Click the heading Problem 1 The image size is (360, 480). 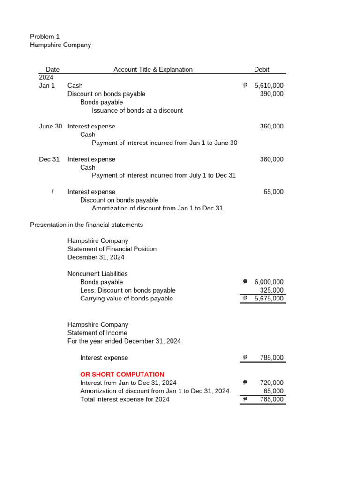45,37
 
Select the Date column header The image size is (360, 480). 52,69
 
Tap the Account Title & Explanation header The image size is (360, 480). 153,69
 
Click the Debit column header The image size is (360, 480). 262,69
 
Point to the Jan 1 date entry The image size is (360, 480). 47,86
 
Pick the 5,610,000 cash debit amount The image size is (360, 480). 269,86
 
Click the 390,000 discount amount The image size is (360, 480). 271,94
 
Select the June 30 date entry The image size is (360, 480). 50,127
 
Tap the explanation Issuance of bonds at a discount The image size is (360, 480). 137,111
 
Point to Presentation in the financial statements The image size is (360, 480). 86,225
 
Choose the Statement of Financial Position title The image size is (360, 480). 112,249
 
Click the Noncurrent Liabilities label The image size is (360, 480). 97,274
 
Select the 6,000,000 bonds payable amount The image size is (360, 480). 269,282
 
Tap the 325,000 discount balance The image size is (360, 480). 271,290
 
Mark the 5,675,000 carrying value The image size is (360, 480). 269,299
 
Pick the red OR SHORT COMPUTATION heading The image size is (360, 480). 122,375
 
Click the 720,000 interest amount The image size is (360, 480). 271,383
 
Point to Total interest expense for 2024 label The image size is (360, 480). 125,399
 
